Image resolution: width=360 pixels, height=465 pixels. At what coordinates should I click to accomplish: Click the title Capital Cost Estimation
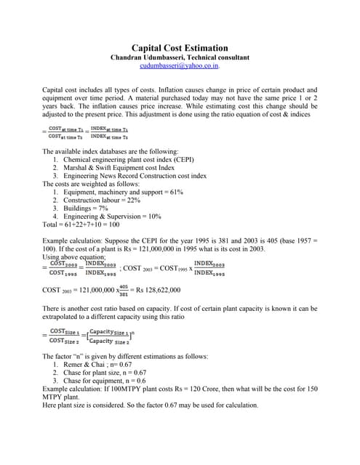180,47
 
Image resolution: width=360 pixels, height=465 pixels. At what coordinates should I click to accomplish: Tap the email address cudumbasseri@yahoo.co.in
180,65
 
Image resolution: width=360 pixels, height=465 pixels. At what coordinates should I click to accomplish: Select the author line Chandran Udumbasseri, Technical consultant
180,57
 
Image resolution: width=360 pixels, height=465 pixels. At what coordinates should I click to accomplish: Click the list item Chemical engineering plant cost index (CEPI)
129,158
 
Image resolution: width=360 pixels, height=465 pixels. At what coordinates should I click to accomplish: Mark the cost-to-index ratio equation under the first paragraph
85,133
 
